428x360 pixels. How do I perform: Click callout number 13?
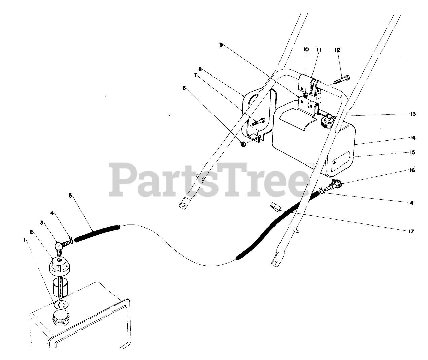(413, 114)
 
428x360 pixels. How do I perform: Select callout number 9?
(221, 44)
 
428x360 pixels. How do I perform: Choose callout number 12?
(337, 50)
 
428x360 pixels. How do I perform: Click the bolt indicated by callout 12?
(342, 80)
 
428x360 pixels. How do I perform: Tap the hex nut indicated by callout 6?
(243, 144)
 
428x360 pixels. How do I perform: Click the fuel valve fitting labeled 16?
(335, 184)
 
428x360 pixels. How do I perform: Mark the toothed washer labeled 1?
(61, 305)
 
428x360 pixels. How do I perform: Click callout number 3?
(42, 222)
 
